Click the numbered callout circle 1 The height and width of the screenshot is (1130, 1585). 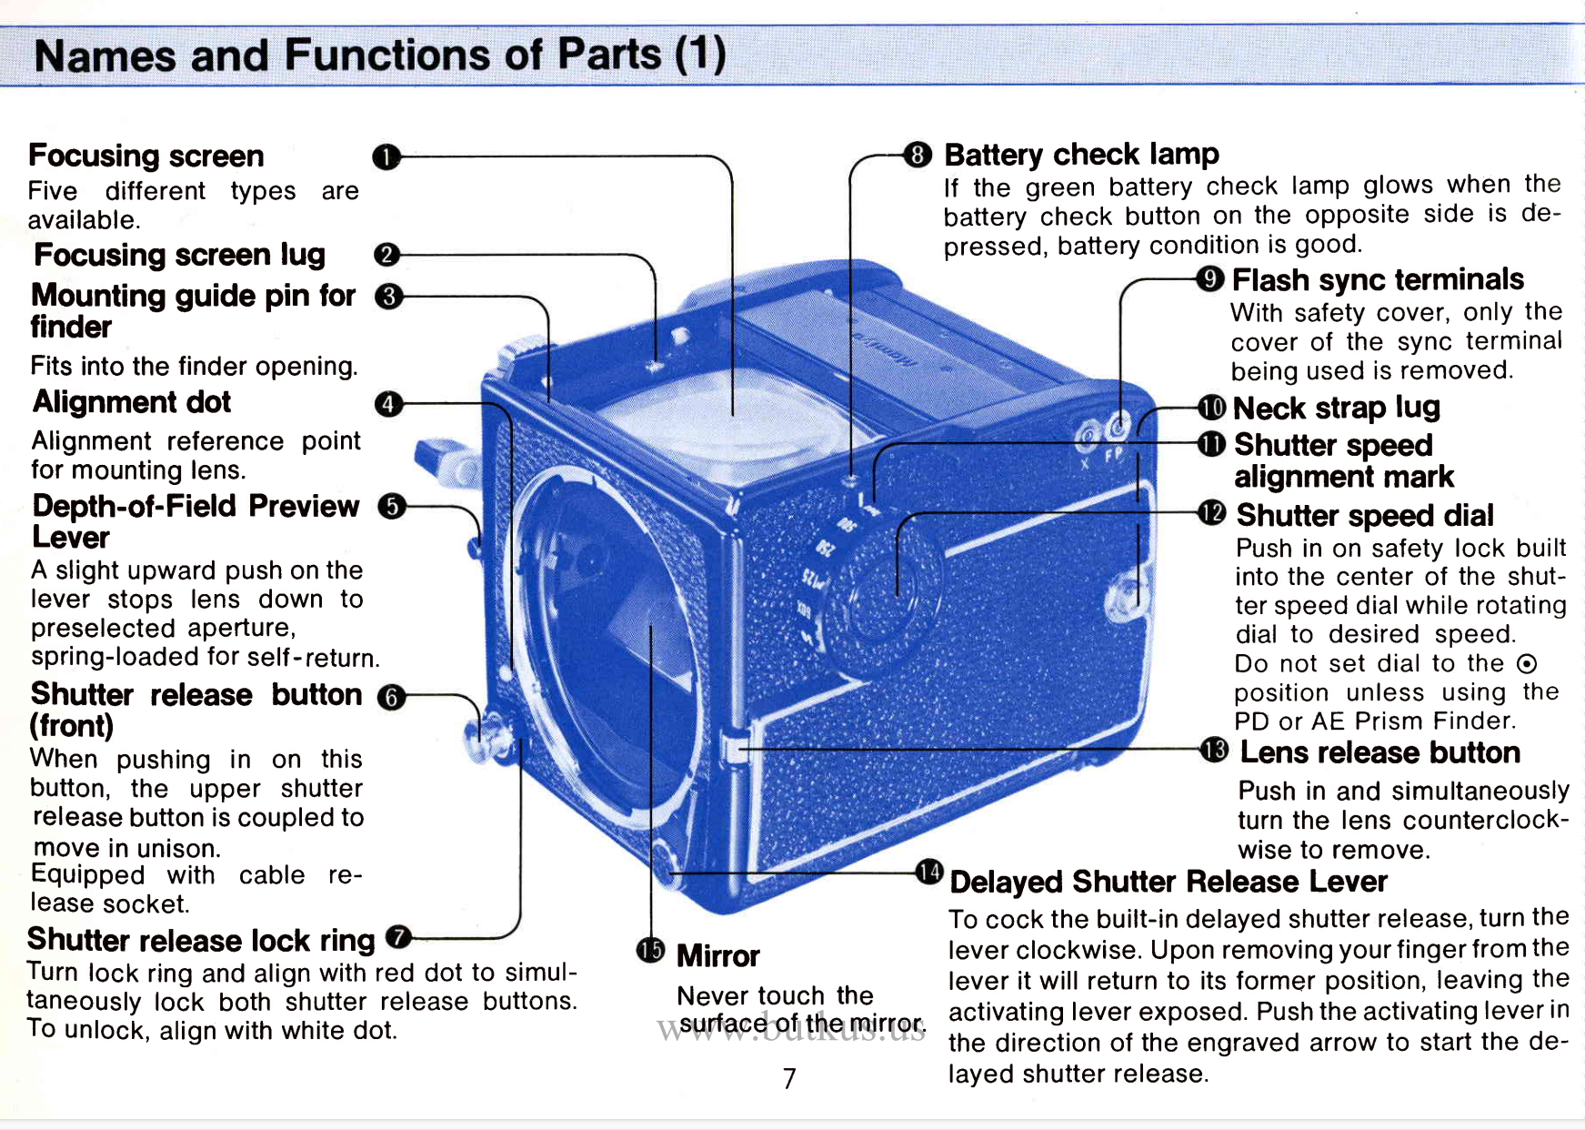386,157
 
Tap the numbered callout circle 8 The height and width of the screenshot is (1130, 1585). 918,155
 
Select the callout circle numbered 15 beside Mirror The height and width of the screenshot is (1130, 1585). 650,951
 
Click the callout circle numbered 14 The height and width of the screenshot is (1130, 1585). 928,873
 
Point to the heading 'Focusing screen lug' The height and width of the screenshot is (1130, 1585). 179,255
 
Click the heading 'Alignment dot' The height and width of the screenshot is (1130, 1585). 132,402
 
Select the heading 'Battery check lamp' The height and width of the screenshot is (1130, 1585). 1081,155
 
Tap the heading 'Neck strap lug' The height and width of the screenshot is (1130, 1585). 1336,408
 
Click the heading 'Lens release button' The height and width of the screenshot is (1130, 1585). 1379,752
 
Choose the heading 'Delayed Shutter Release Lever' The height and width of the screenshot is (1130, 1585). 1169,882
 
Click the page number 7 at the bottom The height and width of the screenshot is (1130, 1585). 789,1078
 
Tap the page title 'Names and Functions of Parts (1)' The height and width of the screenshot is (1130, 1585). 380,55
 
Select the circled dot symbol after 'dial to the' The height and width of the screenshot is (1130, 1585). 1528,663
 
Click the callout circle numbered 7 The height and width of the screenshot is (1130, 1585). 398,937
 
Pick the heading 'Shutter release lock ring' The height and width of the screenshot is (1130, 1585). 201,940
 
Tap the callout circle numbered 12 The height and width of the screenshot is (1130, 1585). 1212,513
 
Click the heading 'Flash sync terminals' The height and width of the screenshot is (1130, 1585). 1378,279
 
